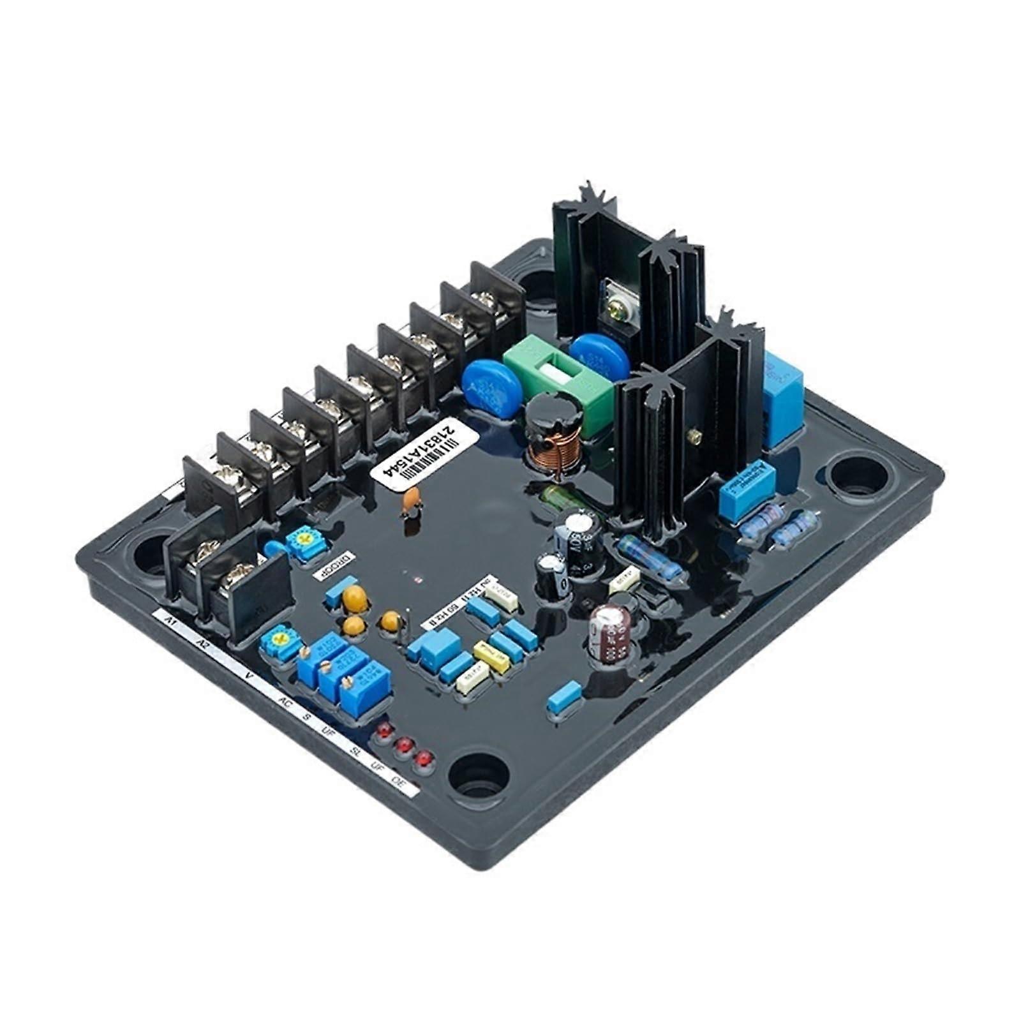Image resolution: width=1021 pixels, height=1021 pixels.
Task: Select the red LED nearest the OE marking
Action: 422,759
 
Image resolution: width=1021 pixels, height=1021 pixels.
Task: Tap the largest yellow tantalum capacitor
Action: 354,598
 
